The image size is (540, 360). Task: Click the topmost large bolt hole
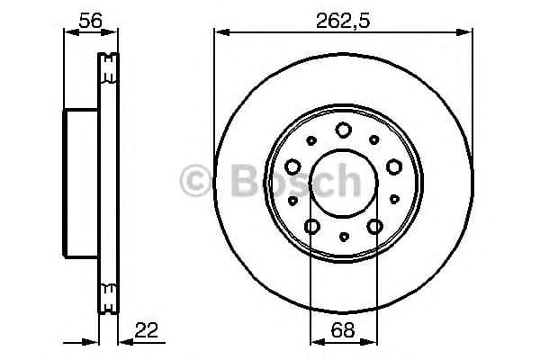[343, 130]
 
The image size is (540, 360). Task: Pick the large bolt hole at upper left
[293, 166]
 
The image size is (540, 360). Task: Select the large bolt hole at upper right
[393, 166]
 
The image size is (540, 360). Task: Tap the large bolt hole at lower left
[312, 225]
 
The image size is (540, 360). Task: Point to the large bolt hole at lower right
[374, 225]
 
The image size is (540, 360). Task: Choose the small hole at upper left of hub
[312, 139]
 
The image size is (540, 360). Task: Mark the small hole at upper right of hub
[374, 139]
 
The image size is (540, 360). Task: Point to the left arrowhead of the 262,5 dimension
[219, 32]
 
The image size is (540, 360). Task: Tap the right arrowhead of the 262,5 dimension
[468, 32]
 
